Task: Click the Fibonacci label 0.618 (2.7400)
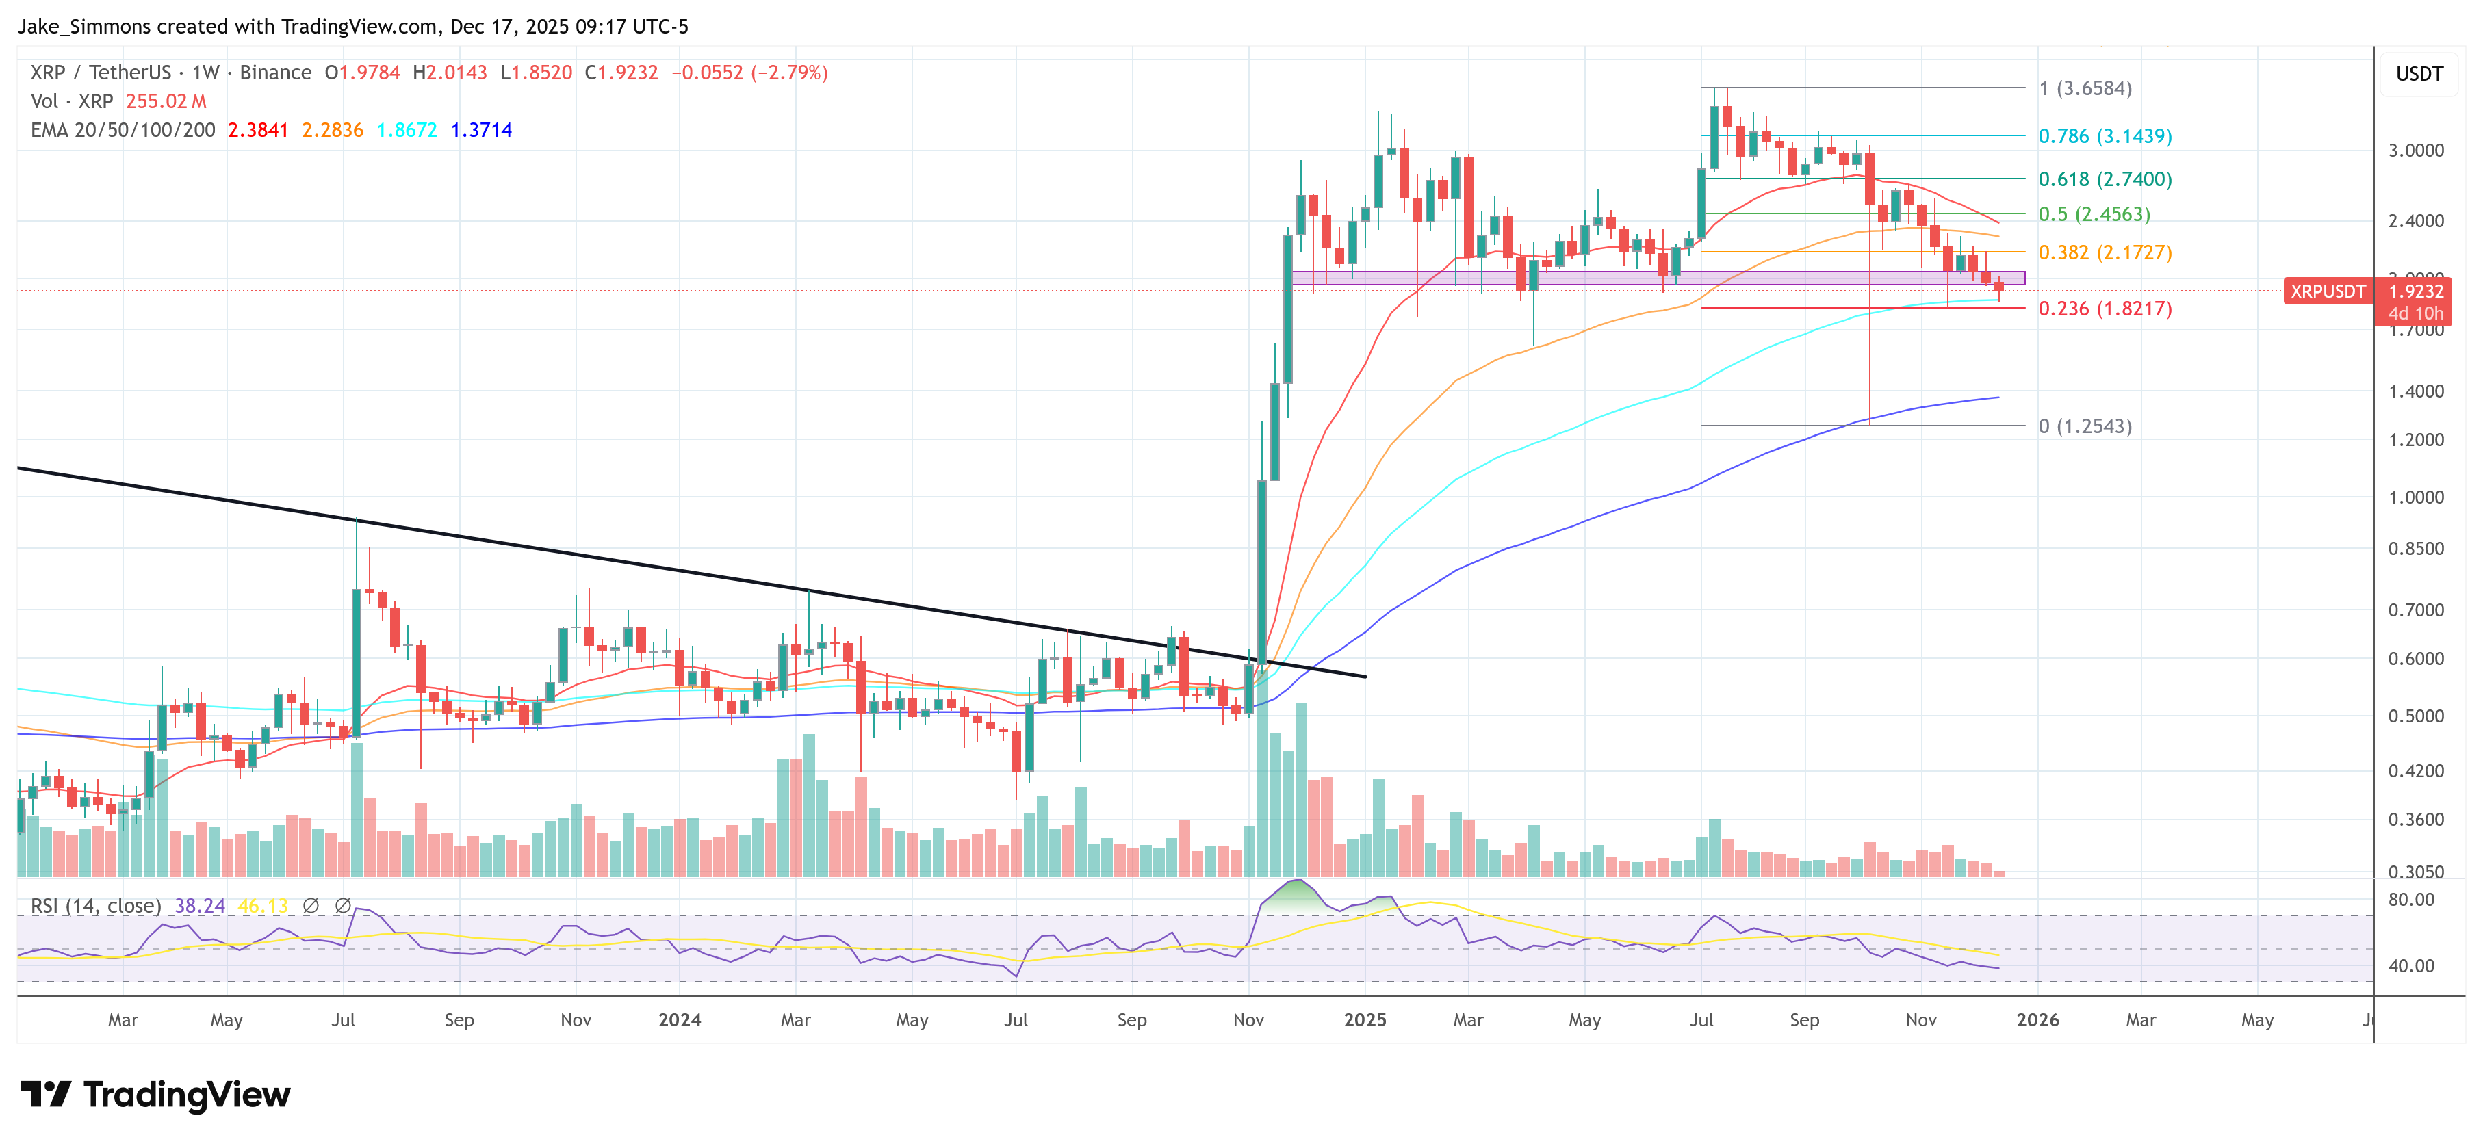tap(2105, 179)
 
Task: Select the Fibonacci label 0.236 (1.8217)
tap(2105, 309)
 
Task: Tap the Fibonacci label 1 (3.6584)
tap(2084, 89)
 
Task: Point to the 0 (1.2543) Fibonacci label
tap(2084, 426)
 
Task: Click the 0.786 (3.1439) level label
tap(2105, 136)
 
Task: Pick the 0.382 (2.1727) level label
tap(2105, 252)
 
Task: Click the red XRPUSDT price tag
tap(2327, 291)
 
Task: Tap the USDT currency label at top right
tap(2419, 74)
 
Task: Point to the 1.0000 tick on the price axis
tap(2415, 497)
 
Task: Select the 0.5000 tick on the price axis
tap(2415, 716)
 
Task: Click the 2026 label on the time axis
tap(2037, 1019)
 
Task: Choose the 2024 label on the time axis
tap(680, 1019)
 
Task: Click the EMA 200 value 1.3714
tap(481, 130)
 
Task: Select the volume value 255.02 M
tap(166, 101)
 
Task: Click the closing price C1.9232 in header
tap(621, 73)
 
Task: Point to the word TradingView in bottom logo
tap(186, 1095)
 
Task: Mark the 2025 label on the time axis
tap(1365, 1019)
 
